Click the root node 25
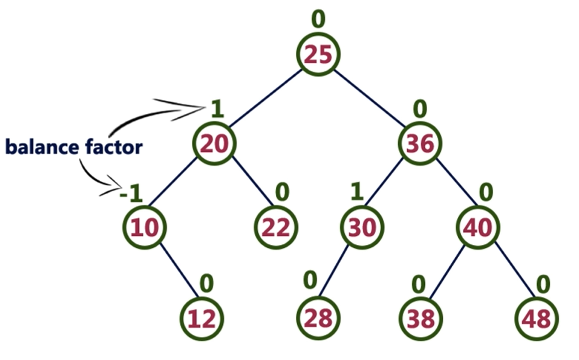319,55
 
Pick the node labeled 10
144,228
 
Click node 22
276,228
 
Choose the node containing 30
362,228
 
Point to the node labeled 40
478,228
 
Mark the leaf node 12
202,319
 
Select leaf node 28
319,319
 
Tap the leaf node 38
421,319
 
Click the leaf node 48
537,319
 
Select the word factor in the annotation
114,147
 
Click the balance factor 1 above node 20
217,110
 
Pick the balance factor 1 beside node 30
356,192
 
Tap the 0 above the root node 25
318,20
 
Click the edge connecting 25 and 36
369,98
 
